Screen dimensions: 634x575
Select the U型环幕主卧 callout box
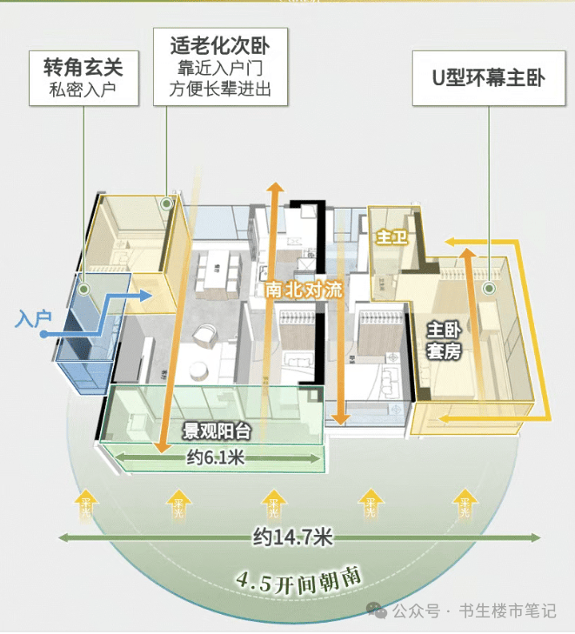click(x=488, y=77)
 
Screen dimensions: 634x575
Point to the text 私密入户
click(x=84, y=88)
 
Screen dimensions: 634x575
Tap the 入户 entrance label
click(x=31, y=319)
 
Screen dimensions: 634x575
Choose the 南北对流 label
click(x=304, y=290)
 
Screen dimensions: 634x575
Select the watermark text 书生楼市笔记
click(x=507, y=611)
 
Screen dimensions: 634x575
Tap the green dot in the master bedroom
click(x=490, y=288)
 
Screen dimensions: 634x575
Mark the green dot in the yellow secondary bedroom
click(x=166, y=204)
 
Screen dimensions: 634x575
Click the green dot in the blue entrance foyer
click(x=84, y=290)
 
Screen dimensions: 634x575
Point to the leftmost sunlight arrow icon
click(x=86, y=502)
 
